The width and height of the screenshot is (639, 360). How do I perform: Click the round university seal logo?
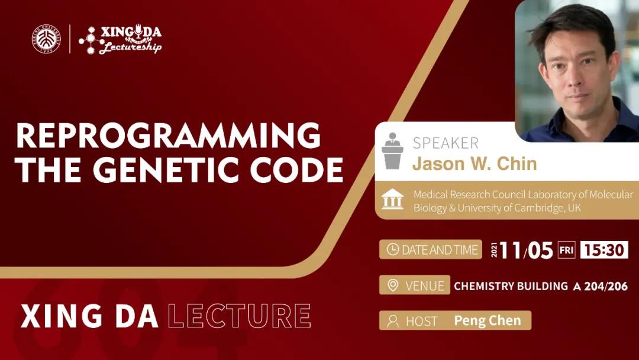(x=47, y=39)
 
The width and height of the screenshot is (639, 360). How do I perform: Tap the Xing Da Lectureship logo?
(x=120, y=39)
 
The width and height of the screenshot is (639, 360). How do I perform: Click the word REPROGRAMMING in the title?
(x=168, y=136)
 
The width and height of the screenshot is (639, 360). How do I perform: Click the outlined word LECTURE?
(x=239, y=316)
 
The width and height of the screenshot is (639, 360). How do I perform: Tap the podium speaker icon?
(x=392, y=150)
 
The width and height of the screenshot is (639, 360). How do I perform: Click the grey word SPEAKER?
(x=446, y=143)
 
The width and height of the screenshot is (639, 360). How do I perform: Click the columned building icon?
(x=392, y=200)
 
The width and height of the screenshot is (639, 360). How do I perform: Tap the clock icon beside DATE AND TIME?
(x=392, y=249)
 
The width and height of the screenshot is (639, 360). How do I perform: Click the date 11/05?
(x=526, y=250)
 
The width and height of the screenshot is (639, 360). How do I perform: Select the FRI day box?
(x=566, y=250)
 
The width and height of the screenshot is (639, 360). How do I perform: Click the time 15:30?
(x=604, y=250)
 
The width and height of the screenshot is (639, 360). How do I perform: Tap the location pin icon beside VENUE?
(x=392, y=285)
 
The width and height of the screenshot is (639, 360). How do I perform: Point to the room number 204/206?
(x=606, y=286)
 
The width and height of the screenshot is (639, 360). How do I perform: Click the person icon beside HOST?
(x=393, y=321)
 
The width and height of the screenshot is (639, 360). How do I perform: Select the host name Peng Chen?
(x=488, y=321)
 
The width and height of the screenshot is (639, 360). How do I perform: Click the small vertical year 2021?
(x=494, y=250)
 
